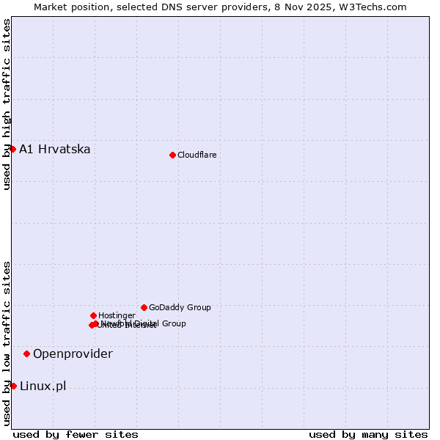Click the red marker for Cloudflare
coord(172,155)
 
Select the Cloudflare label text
coord(197,155)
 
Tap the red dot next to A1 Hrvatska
coord(12,149)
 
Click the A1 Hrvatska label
coord(55,150)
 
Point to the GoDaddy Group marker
coord(144,307)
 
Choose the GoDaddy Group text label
coord(180,307)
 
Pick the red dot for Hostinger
coord(93,315)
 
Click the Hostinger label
coord(117,315)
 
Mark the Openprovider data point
coord(26,353)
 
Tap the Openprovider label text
coord(73,354)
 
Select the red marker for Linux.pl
coord(13,386)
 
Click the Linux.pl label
coord(43,386)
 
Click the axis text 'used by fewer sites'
coord(76,435)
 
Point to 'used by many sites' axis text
coord(368,435)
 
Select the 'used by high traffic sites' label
coord(7,104)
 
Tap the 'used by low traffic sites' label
coord(7,343)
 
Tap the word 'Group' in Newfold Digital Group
coord(173,323)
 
